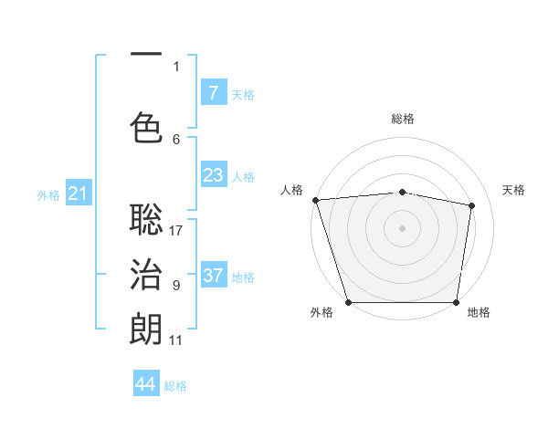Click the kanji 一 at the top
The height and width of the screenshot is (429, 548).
[146, 56]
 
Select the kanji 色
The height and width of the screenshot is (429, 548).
[146, 127]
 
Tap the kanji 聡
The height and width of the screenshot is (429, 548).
[146, 218]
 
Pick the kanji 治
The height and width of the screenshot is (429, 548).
[146, 274]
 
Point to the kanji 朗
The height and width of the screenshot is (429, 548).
[146, 329]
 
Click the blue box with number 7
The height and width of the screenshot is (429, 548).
[213, 93]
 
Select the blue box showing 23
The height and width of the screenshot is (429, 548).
[213, 176]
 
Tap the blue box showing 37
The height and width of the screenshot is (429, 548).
[213, 276]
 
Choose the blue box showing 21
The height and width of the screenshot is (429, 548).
[78, 194]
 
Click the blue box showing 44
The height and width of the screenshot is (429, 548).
[146, 384]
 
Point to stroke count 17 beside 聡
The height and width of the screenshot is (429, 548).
[176, 230]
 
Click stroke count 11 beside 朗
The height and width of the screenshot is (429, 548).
[176, 340]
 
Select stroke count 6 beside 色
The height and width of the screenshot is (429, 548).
[176, 139]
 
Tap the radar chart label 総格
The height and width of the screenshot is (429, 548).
[403, 119]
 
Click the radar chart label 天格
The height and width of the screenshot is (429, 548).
[513, 190]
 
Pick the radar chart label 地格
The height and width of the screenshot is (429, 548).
[479, 312]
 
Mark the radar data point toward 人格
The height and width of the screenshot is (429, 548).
[315, 200]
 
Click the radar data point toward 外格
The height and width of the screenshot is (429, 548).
[348, 302]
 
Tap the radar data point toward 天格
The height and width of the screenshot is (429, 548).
[472, 205]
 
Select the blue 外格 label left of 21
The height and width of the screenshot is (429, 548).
[47, 194]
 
